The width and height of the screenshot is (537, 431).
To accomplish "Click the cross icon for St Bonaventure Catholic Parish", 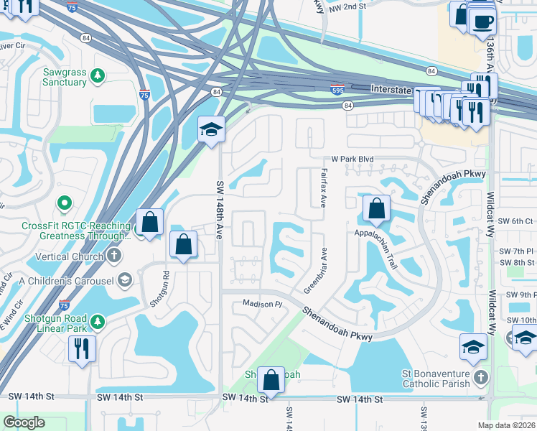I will [x=481, y=376].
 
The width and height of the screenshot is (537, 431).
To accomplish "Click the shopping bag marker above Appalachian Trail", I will [x=376, y=209].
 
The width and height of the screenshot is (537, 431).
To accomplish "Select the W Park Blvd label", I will [x=352, y=159].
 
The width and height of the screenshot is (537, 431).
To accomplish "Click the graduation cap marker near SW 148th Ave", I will [x=211, y=129].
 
